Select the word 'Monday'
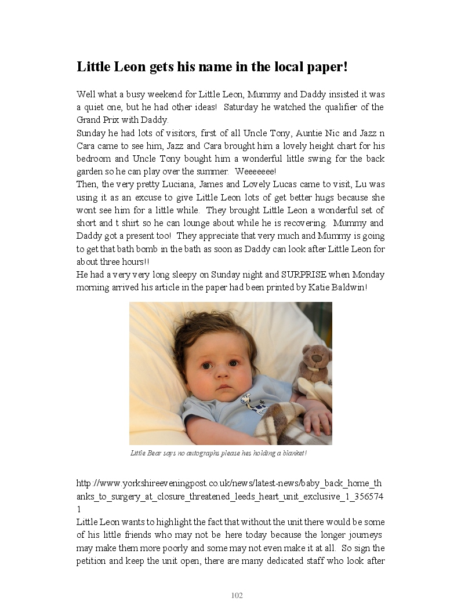(368, 275)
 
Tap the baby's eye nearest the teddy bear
(233, 363)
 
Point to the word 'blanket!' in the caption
(293, 453)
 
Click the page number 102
(237, 596)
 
